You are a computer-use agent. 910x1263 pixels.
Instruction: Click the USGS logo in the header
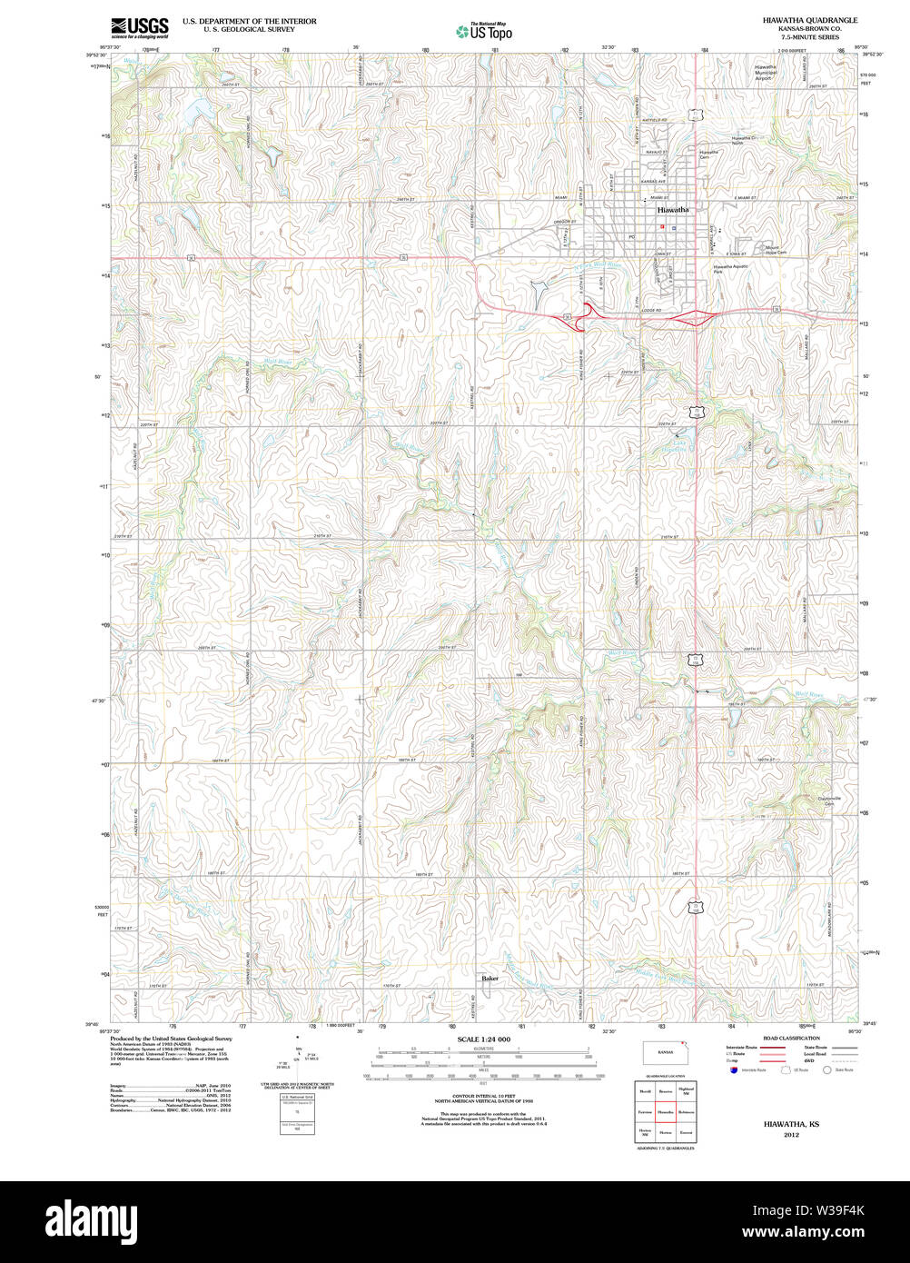click(x=139, y=26)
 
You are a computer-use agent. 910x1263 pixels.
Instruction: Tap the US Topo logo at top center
click(x=484, y=31)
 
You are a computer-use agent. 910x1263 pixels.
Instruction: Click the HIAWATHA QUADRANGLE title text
click(x=810, y=20)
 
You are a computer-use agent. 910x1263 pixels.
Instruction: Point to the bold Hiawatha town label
click(x=672, y=210)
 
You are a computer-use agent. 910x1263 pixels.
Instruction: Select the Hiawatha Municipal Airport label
click(x=766, y=74)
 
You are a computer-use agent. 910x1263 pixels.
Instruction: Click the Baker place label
click(x=490, y=979)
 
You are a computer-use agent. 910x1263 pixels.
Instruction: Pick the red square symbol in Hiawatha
click(x=662, y=227)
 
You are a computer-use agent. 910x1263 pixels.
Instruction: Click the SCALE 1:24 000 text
click(x=483, y=1039)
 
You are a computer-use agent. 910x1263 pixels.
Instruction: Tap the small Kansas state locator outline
click(x=665, y=1052)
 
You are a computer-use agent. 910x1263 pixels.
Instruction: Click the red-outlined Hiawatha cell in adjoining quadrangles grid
click(x=665, y=1111)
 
